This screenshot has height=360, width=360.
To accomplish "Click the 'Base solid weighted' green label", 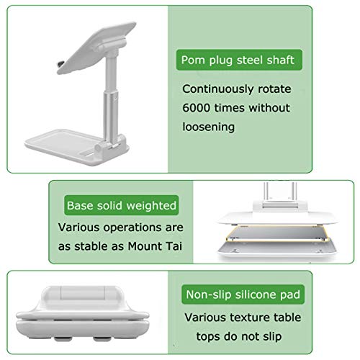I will coord(121,206).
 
